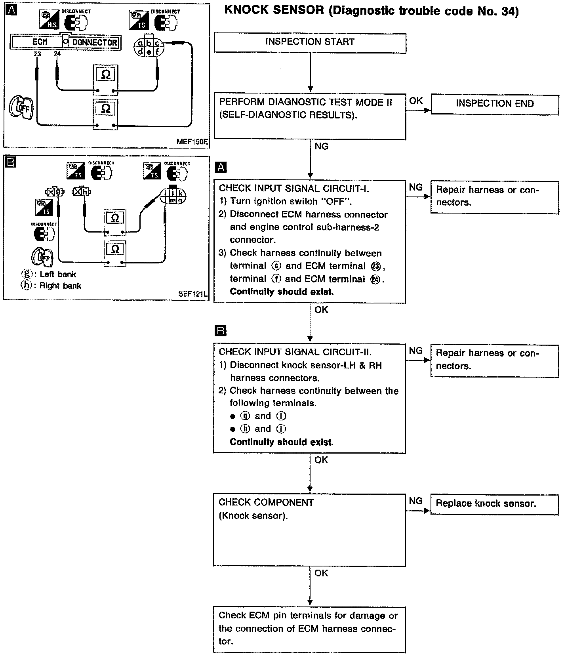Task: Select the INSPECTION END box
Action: [x=494, y=104]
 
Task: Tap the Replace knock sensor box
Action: [x=494, y=504]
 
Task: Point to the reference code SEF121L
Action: [x=194, y=294]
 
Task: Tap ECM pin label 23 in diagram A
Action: [x=37, y=54]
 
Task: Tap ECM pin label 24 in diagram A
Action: [x=57, y=54]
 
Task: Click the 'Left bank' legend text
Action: [x=58, y=274]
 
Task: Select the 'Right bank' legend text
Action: [x=60, y=286]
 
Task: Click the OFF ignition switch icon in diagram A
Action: [x=22, y=107]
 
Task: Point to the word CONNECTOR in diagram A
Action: [x=95, y=42]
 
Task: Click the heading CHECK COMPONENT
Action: [x=266, y=502]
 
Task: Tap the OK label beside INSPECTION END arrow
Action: [x=416, y=101]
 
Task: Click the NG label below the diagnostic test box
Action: [x=321, y=147]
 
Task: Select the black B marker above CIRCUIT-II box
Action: [x=220, y=330]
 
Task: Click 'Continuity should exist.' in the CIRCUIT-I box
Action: [x=282, y=292]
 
